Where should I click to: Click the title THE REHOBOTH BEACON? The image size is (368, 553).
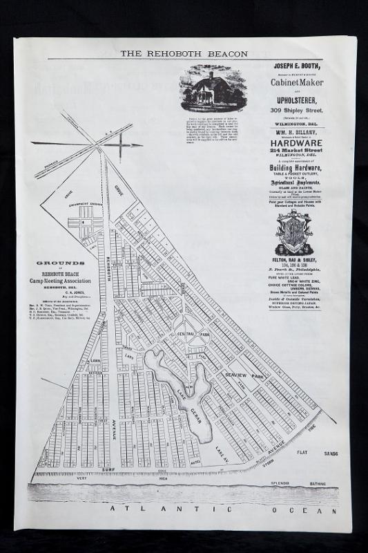pos(184,53)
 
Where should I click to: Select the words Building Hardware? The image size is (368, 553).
pos(298,168)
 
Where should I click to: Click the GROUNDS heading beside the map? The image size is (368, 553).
pos(61,263)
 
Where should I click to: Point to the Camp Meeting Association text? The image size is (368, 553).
pos(61,281)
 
